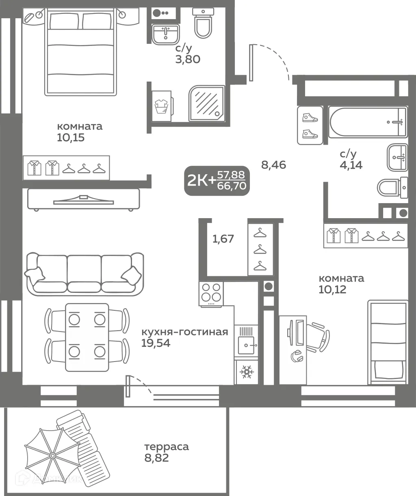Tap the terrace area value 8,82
click(x=156, y=458)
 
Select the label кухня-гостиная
click(x=184, y=332)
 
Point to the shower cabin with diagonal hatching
click(x=207, y=103)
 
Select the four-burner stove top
click(x=211, y=292)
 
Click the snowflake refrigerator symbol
click(x=246, y=371)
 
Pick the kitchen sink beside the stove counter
click(x=246, y=345)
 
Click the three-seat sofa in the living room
click(x=84, y=274)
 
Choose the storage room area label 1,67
click(x=223, y=238)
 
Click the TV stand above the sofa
click(x=83, y=199)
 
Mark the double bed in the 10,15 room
click(x=81, y=53)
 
